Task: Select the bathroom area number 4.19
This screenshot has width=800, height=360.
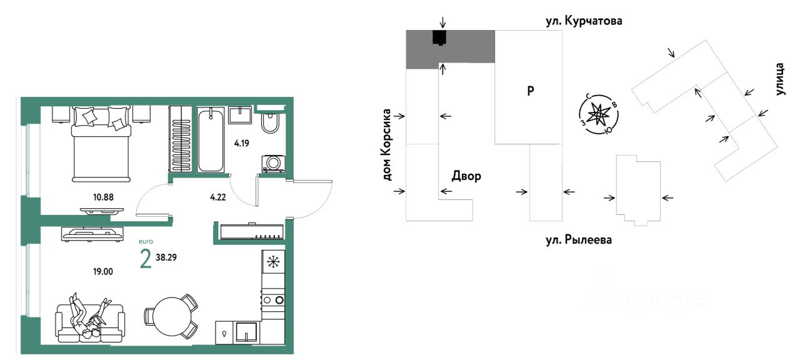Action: (241, 142)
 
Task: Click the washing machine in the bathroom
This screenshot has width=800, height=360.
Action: (274, 162)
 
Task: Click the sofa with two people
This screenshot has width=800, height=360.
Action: (91, 320)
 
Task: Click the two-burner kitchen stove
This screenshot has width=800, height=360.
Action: (273, 299)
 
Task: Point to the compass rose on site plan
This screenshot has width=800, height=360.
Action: (599, 114)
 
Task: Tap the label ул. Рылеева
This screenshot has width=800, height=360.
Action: (576, 239)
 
